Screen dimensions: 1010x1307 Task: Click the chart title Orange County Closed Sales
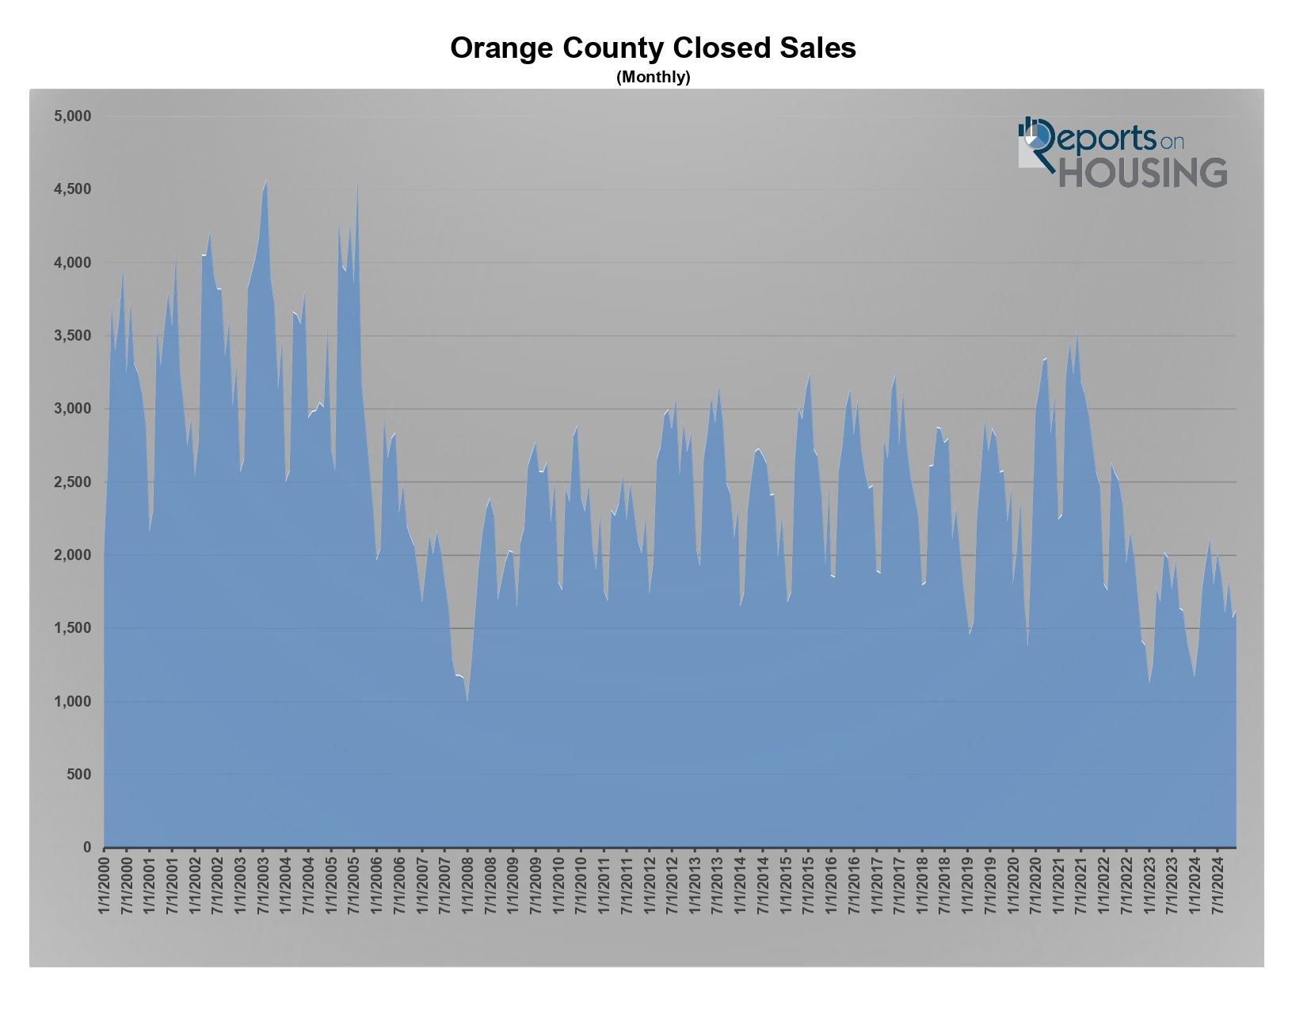coord(653,48)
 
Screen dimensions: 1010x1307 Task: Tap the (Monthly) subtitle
coord(653,77)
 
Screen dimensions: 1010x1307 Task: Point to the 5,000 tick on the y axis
coord(73,116)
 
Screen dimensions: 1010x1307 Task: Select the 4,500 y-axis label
coord(73,189)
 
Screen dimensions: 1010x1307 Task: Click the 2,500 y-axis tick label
coord(73,482)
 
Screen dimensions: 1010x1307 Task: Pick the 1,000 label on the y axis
coord(73,702)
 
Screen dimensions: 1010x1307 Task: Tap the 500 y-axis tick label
coord(78,775)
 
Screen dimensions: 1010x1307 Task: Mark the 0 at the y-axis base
coord(88,848)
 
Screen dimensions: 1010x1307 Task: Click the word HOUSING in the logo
coord(1143,173)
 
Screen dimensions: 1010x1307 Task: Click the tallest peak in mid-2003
coord(266,181)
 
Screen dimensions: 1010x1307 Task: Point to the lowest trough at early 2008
coord(467,700)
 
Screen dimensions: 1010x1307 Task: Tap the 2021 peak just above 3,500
coord(1076,333)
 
